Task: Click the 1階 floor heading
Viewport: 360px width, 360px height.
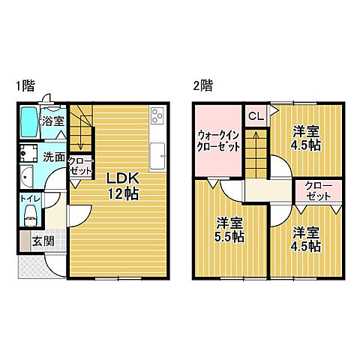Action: coord(24,85)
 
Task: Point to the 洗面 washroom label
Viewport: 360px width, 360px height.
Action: coord(53,157)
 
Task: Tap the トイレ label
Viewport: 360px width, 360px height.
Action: coord(31,199)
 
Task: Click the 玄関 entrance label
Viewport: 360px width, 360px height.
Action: coord(42,241)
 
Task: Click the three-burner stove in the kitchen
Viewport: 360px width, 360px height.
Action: coord(158,115)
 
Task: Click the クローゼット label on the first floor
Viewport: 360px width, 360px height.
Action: coord(80,166)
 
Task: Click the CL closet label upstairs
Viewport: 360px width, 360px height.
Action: coord(255,115)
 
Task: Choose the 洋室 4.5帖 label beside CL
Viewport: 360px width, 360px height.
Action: coord(307,138)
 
